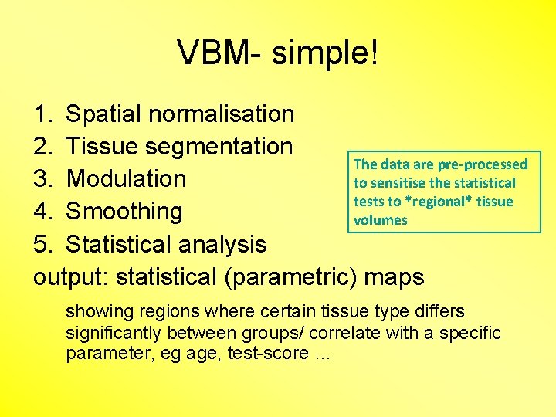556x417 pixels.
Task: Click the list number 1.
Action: click(42, 114)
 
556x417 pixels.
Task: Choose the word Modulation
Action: click(126, 179)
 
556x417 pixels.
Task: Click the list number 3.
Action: click(42, 179)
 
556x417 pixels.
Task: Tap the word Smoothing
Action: click(124, 212)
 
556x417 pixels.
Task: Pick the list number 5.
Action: click(42, 245)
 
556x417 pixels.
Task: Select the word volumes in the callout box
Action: click(380, 220)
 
